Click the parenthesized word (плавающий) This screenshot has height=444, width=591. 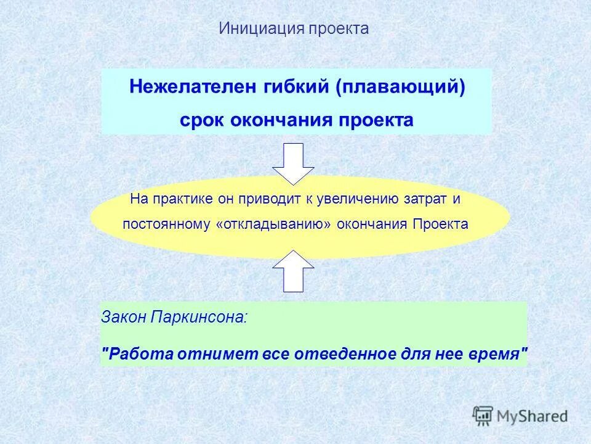[400, 86]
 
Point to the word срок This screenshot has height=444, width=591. [203, 119]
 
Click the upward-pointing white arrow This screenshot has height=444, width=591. [294, 271]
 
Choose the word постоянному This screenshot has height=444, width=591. [167, 224]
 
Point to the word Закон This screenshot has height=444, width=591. [124, 318]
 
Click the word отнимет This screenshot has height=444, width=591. [208, 355]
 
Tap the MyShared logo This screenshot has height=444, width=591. [520, 415]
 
